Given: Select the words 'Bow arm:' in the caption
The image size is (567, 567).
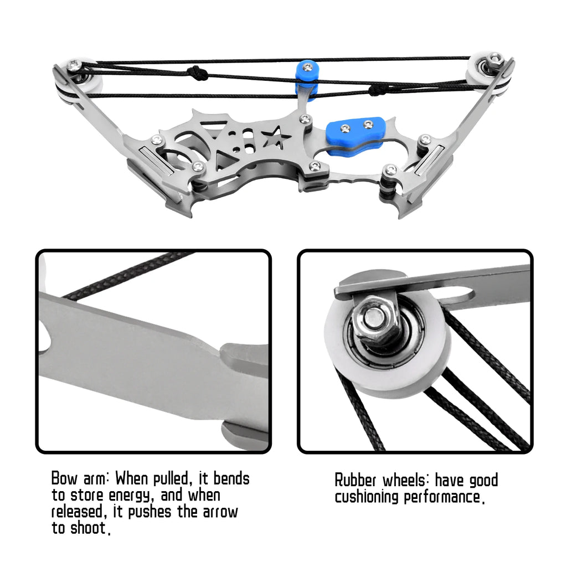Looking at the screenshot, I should [x=81, y=478].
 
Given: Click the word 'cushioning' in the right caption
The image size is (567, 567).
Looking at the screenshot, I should [x=367, y=497].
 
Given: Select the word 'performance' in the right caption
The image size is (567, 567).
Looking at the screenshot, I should [x=441, y=497].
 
